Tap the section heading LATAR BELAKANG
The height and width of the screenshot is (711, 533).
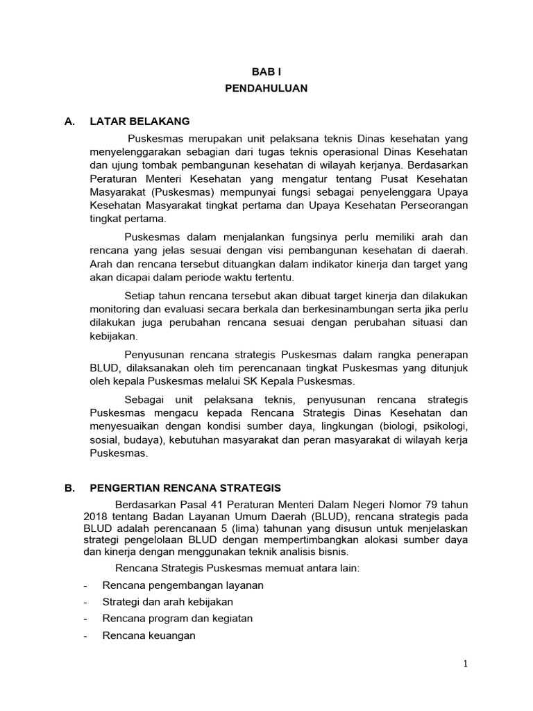(x=139, y=121)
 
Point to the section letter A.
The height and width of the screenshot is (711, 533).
(x=69, y=121)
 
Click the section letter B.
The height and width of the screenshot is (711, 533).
(x=69, y=488)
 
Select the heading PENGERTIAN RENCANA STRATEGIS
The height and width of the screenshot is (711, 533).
(x=185, y=488)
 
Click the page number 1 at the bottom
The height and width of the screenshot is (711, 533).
(x=466, y=664)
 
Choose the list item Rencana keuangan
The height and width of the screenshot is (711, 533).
(x=149, y=635)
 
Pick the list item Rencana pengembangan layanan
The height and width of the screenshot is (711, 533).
(x=183, y=585)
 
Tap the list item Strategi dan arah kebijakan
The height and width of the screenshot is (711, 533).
(x=167, y=601)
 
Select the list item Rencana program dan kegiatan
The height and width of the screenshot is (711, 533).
(x=177, y=618)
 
